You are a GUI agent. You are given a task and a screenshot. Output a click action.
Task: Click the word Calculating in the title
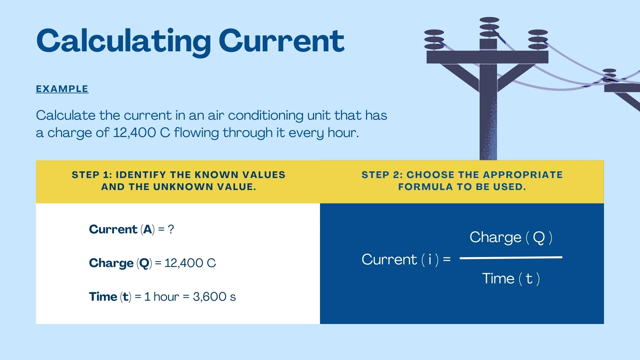pos(124,42)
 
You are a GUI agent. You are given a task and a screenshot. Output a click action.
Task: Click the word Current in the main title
pos(281,41)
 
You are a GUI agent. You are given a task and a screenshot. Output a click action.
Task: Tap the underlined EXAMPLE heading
pos(62,89)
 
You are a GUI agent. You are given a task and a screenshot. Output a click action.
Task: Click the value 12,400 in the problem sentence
pos(134,133)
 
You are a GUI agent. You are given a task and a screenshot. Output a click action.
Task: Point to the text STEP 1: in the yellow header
pos(92,175)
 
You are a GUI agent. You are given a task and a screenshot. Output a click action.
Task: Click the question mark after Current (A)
pos(171,229)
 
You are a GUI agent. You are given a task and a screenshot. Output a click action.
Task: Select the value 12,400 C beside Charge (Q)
pos(190,263)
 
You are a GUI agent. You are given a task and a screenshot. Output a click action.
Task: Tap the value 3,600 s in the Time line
pos(214,297)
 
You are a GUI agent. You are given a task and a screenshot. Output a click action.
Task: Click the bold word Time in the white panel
pos(103,297)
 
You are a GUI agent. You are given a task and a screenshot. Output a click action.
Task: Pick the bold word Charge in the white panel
pos(111,263)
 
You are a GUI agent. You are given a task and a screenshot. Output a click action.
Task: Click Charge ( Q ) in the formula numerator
pos(511,237)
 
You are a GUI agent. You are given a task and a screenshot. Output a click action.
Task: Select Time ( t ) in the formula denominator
pos(511,278)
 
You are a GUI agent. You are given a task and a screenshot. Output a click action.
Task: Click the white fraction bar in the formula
pos(511,257)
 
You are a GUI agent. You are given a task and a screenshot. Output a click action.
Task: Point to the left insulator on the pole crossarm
pos(434,39)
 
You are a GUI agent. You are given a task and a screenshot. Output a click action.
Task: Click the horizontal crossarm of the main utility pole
pos(487,57)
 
